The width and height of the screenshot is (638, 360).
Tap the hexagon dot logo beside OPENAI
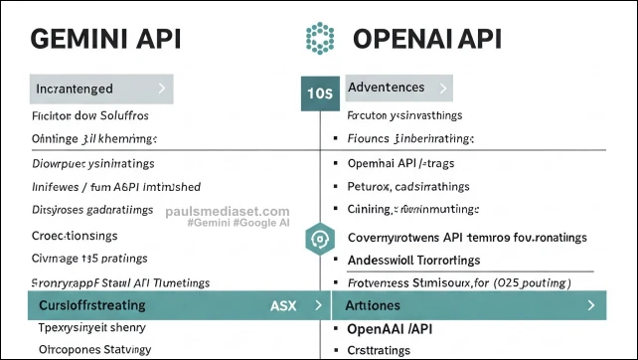(x=319, y=40)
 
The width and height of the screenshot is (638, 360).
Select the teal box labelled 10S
(x=319, y=93)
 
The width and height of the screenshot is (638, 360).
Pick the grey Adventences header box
(x=403, y=88)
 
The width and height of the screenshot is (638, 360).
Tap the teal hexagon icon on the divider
(x=319, y=239)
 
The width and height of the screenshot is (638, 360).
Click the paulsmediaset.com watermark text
(x=228, y=212)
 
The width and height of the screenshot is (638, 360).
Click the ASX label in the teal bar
(x=283, y=305)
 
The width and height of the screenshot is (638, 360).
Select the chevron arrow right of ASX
(x=317, y=305)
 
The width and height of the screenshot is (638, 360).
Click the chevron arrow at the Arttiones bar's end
(x=591, y=305)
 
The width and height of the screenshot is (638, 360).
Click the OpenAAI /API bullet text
(x=391, y=328)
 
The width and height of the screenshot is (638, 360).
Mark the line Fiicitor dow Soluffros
(x=91, y=116)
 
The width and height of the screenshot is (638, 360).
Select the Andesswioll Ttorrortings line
(x=413, y=261)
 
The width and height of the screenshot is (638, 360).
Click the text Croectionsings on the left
(x=76, y=236)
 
